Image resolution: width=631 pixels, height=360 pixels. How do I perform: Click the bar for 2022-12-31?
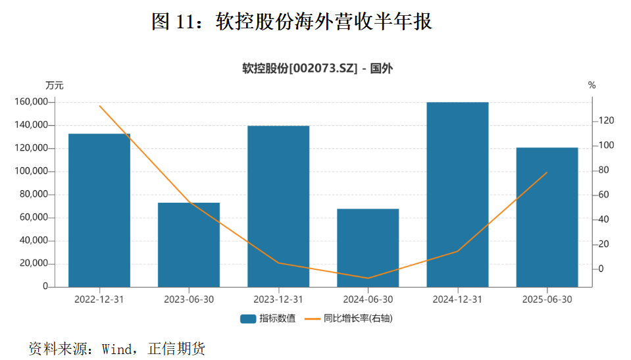click(x=99, y=210)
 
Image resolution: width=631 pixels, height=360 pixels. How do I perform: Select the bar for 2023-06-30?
click(x=189, y=244)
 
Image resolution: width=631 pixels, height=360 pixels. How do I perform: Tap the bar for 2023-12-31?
click(x=278, y=206)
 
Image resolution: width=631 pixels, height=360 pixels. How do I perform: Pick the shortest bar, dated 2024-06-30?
click(x=368, y=247)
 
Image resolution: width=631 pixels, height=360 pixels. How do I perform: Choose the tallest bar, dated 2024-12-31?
click(x=457, y=194)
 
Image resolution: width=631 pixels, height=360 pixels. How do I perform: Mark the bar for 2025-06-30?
click(x=547, y=217)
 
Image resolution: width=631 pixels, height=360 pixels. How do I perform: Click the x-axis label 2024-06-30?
click(x=368, y=299)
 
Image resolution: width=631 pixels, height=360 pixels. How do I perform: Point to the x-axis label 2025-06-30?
click(x=547, y=299)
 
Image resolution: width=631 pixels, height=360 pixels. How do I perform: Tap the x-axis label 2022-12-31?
click(x=99, y=299)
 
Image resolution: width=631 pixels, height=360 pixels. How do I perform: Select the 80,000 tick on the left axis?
click(x=35, y=194)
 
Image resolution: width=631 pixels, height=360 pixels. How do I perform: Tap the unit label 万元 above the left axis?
click(x=55, y=85)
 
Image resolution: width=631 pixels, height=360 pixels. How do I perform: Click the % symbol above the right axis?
click(x=592, y=85)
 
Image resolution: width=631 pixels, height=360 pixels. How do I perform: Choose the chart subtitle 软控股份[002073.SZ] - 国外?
click(x=317, y=68)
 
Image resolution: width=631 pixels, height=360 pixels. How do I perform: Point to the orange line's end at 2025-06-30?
click(x=547, y=172)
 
